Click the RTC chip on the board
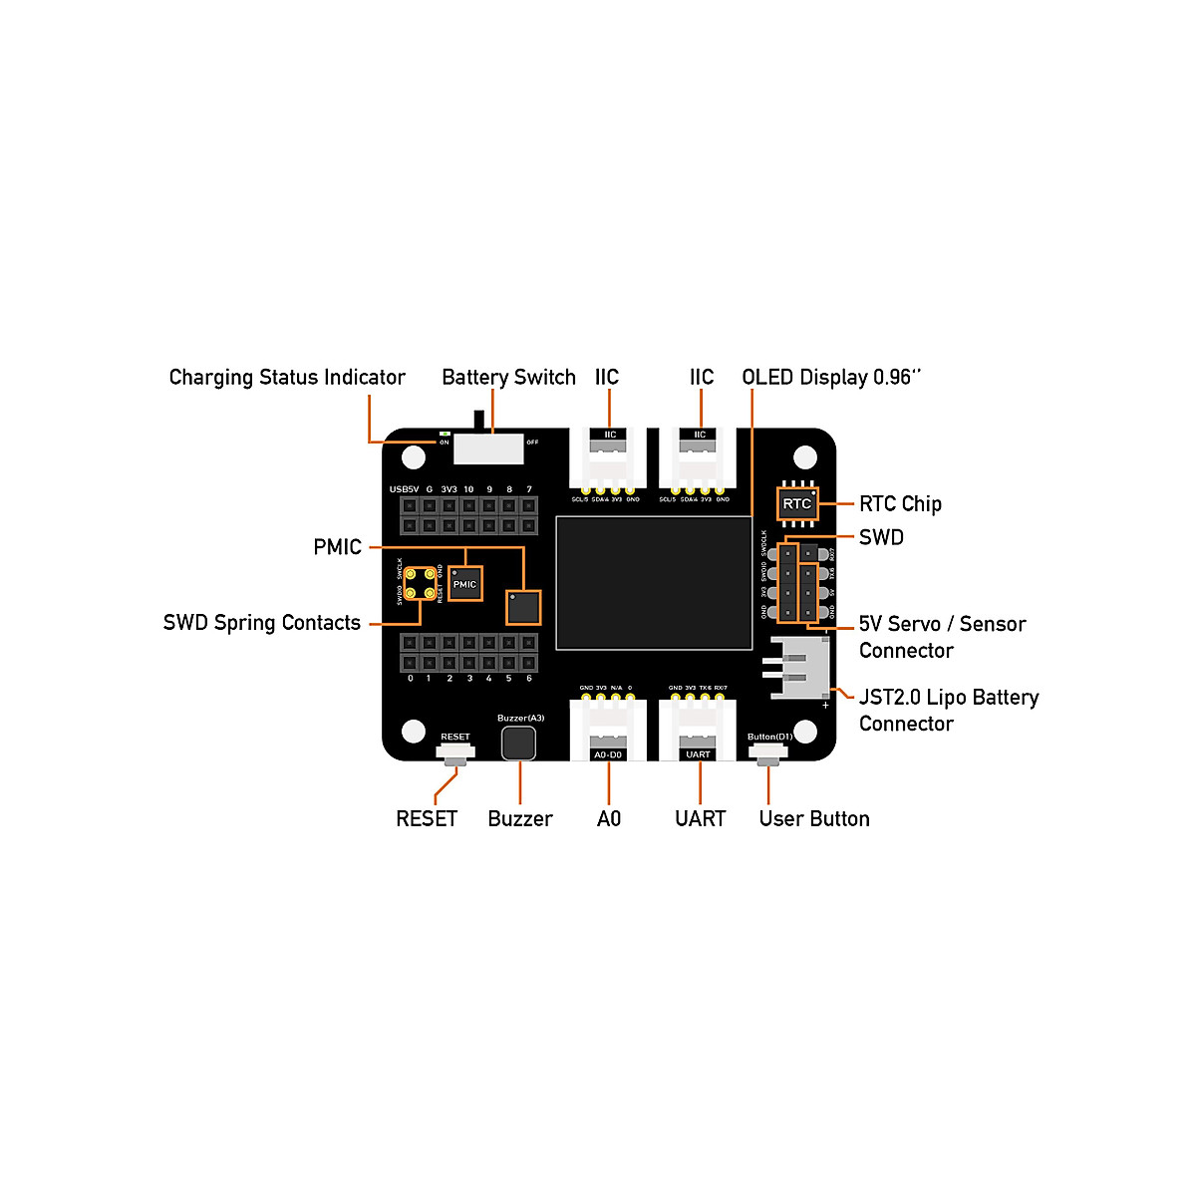tap(796, 503)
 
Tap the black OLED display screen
tap(654, 583)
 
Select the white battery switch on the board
tap(488, 448)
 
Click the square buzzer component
tap(518, 743)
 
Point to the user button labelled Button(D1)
tap(768, 752)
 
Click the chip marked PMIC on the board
tap(464, 584)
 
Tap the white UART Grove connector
tap(698, 733)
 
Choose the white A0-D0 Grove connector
tap(608, 733)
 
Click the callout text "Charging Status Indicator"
tap(287, 378)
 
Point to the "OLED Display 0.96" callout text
tap(831, 378)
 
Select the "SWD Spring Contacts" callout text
tap(262, 623)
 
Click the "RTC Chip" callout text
tap(900, 504)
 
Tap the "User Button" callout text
tap(814, 819)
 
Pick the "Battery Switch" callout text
tap(508, 378)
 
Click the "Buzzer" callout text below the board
tap(520, 819)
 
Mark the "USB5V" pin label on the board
tap(404, 489)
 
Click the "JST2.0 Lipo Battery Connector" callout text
tap(948, 711)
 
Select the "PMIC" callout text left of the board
tap(337, 547)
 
